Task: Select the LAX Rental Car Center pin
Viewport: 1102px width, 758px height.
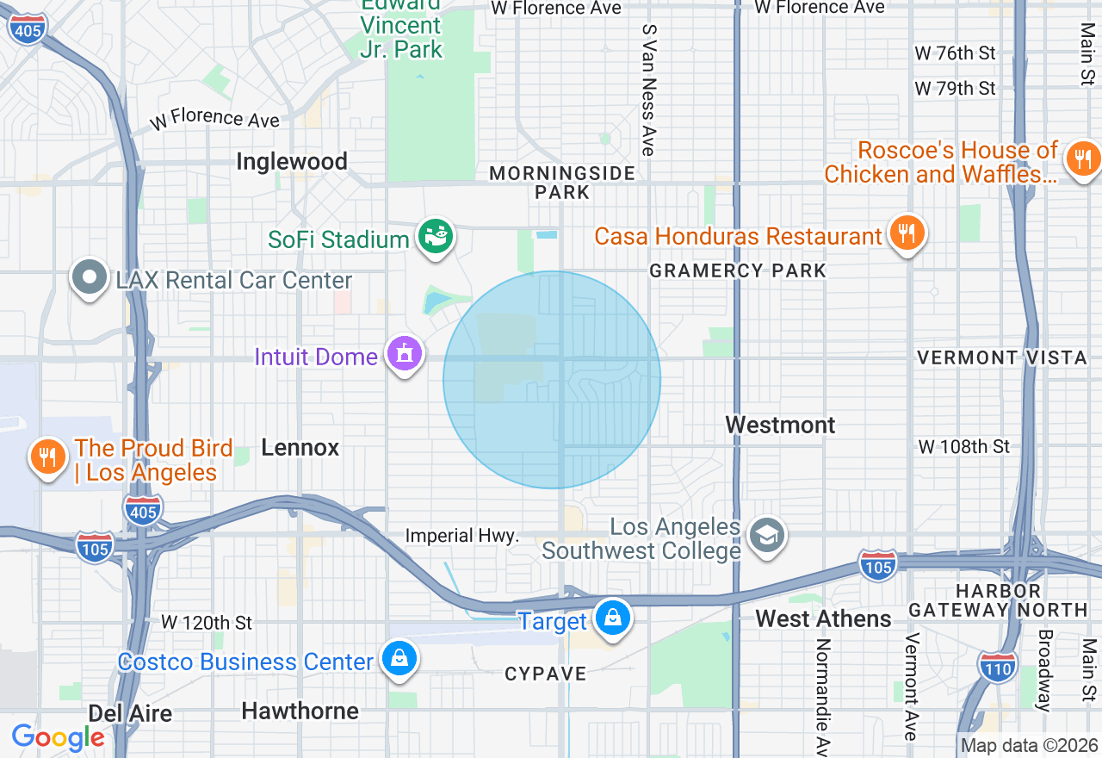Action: pos(90,278)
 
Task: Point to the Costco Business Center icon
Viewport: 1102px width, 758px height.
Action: pos(399,660)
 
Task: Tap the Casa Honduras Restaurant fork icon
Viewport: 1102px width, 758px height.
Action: pos(906,233)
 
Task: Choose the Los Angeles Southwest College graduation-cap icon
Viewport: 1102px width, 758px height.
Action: pos(765,535)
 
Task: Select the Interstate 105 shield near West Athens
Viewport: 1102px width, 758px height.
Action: pos(877,565)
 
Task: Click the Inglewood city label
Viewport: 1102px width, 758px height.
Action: pos(292,161)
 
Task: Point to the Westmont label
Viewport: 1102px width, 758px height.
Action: pos(780,425)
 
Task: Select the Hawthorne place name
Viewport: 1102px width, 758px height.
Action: pos(300,711)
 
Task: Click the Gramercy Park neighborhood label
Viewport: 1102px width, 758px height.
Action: pos(738,270)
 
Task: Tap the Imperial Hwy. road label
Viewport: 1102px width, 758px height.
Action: pos(462,536)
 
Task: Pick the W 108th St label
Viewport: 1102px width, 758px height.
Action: pos(963,446)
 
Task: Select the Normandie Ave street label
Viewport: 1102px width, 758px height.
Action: pos(822,696)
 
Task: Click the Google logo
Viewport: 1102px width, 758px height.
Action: pos(58,738)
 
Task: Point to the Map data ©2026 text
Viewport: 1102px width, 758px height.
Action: pos(1030,745)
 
